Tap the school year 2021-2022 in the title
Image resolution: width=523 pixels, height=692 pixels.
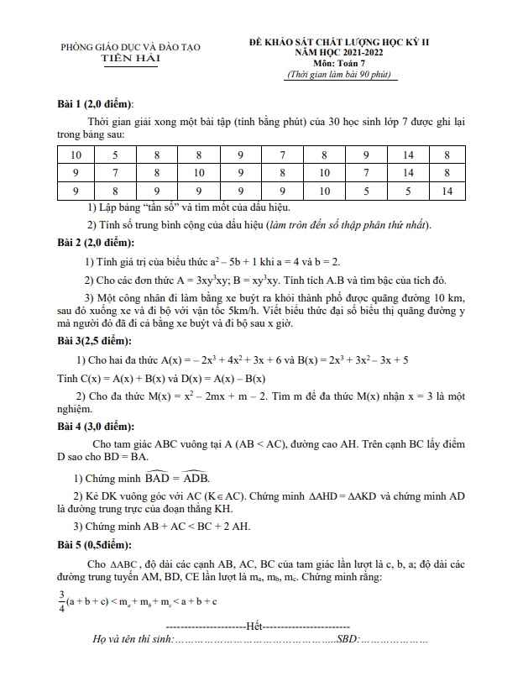(373, 52)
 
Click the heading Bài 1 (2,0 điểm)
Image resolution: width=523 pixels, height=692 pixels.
(96, 104)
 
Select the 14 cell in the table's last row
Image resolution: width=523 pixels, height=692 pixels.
(447, 191)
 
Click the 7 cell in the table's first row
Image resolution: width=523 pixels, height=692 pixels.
(282, 155)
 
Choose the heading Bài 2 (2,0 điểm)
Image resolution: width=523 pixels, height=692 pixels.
(96, 244)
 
